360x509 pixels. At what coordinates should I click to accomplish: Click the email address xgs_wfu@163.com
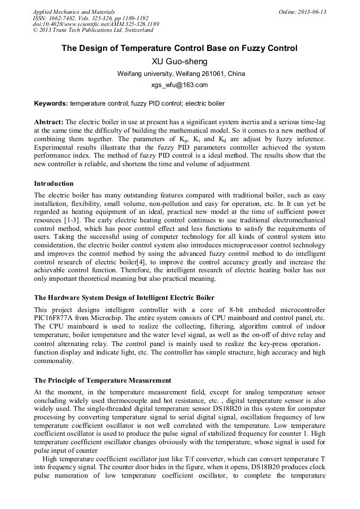coord(179,85)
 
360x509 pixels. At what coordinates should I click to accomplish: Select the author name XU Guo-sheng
coord(179,62)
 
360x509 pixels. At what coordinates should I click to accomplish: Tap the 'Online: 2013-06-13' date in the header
coord(302,12)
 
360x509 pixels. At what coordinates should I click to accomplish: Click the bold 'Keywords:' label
coord(51,103)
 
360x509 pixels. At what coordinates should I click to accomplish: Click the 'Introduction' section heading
coord(54,184)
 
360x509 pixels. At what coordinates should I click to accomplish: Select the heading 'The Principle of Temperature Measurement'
coord(102,381)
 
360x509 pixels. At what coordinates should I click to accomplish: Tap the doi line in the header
coord(96,24)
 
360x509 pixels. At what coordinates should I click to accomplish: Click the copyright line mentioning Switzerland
coord(93,30)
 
